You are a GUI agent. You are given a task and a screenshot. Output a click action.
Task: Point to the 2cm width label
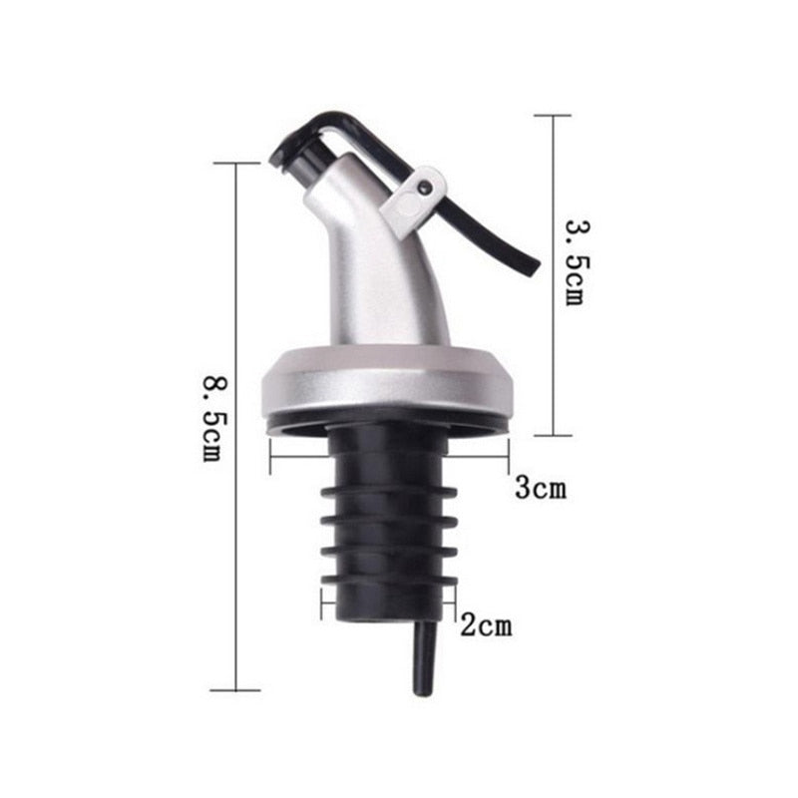(486, 626)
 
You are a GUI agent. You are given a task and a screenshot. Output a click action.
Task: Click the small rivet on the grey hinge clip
(426, 186)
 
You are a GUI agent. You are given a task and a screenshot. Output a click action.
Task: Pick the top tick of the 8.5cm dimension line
(235, 164)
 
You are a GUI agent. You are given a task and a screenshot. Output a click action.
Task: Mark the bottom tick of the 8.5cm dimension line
(235, 689)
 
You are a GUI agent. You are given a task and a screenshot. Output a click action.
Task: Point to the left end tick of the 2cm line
(322, 603)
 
